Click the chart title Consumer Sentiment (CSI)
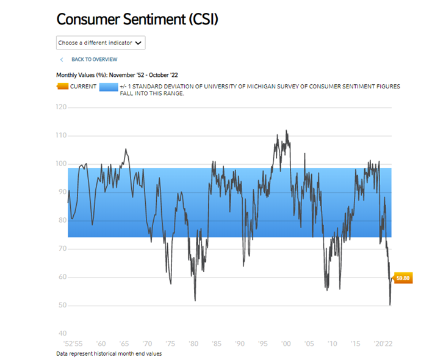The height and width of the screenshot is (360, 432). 137,19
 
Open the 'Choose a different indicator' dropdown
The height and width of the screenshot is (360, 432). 101,43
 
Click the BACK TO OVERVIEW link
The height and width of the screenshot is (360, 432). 94,59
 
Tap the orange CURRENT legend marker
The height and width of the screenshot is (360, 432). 62,87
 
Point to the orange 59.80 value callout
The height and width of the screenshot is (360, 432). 403,278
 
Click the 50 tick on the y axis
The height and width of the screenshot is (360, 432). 62,305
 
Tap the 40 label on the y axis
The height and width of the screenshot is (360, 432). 62,334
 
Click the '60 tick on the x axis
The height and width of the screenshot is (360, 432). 101,344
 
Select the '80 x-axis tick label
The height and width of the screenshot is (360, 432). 193,344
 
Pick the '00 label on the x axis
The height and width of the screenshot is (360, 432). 286,344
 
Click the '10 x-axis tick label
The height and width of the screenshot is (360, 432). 332,344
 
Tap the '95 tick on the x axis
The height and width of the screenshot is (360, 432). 262,344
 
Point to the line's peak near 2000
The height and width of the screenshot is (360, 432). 286,131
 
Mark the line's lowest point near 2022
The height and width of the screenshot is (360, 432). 389,304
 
